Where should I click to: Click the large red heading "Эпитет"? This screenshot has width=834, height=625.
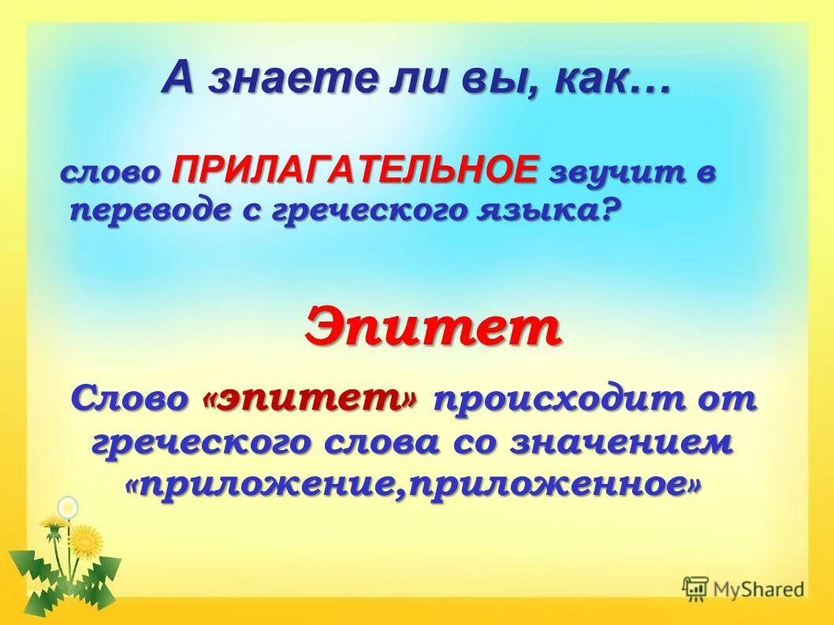pyautogui.click(x=433, y=329)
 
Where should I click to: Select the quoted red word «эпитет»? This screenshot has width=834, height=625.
pyautogui.click(x=311, y=399)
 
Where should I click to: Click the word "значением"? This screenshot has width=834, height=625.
pyautogui.click(x=624, y=442)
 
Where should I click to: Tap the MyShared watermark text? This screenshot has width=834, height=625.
pyautogui.click(x=758, y=589)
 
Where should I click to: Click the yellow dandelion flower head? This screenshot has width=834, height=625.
pyautogui.click(x=86, y=541)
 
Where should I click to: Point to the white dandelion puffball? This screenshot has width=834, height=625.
pyautogui.click(x=69, y=506)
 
